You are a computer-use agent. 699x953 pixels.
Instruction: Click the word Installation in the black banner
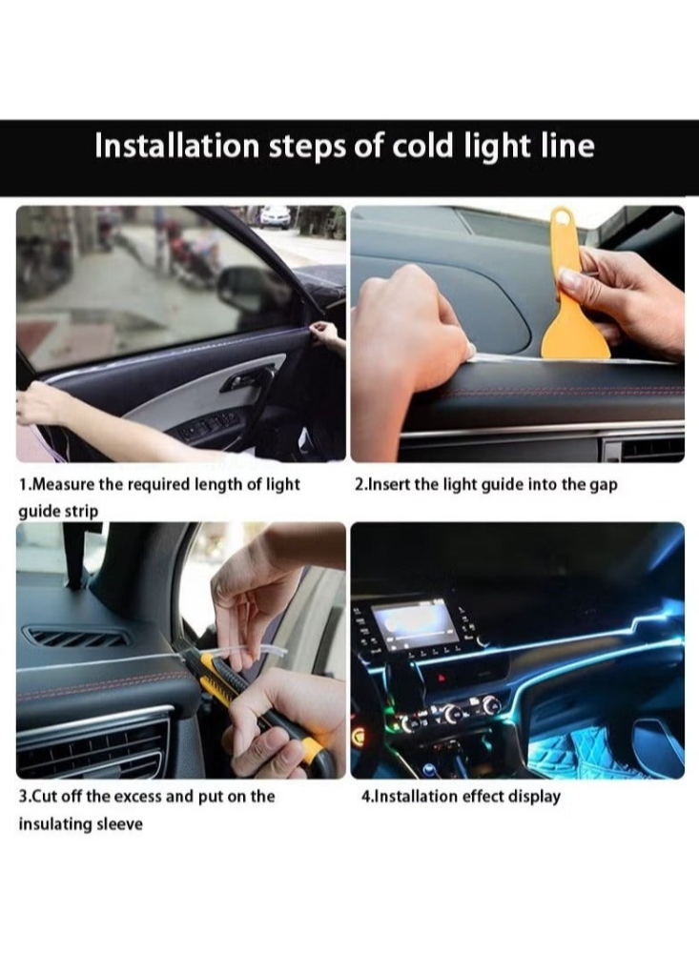177,147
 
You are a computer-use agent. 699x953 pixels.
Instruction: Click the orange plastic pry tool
574,292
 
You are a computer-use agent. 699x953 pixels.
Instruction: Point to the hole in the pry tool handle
561,217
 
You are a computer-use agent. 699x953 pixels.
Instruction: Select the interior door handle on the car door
247,379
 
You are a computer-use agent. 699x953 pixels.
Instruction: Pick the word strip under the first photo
82,512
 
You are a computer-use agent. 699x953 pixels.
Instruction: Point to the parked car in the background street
275,217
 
